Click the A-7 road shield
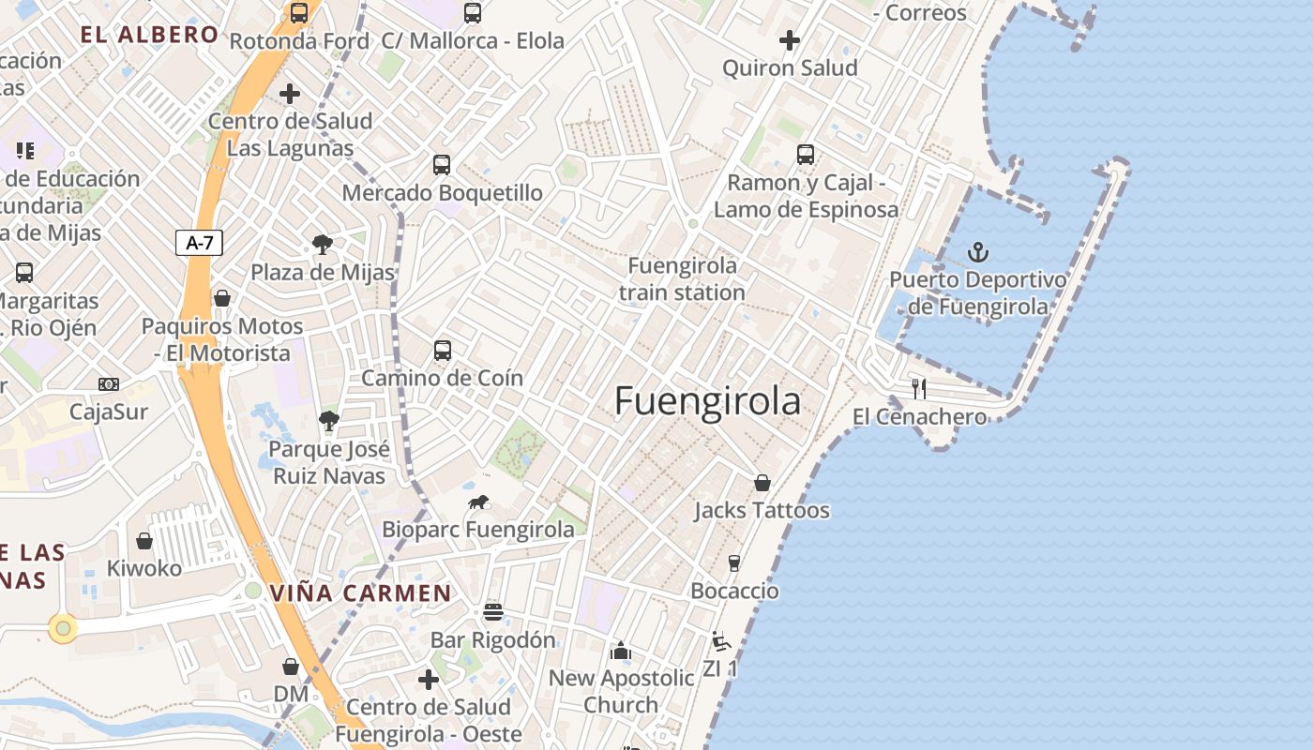[200, 243]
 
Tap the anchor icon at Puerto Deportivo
[978, 252]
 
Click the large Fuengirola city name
[708, 401]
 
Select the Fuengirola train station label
[682, 279]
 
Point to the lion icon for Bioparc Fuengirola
[478, 502]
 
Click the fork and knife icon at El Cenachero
[919, 388]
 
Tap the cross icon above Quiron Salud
[790, 40]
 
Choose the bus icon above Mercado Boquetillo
[442, 165]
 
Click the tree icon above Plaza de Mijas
[323, 245]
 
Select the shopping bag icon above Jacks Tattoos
[762, 483]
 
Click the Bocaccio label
[734, 591]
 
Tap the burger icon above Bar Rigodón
[493, 612]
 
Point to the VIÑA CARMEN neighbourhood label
[360, 592]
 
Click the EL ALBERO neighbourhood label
[149, 35]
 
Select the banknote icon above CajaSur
[109, 384]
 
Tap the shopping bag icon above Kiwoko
[144, 541]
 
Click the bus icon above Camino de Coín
[443, 351]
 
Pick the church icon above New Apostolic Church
[620, 651]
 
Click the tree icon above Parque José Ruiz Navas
[328, 421]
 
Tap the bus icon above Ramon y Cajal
[806, 155]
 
